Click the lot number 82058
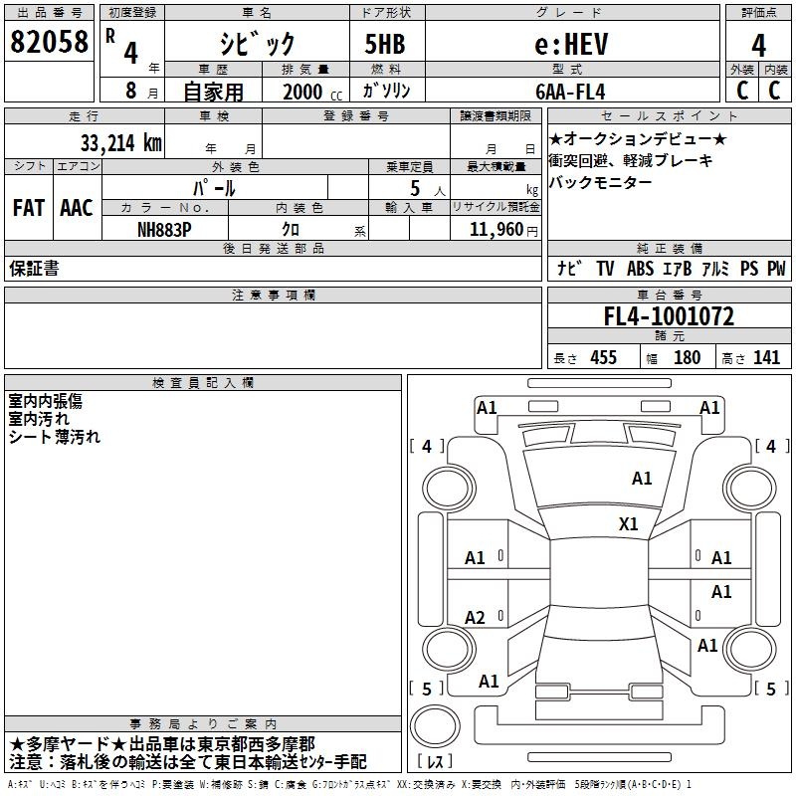(x=49, y=43)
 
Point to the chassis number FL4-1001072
(x=669, y=316)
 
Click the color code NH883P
(x=165, y=229)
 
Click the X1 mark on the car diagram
(x=629, y=523)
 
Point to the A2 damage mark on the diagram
(x=476, y=618)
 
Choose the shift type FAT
(x=28, y=208)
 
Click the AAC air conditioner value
(x=77, y=208)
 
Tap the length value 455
(x=600, y=358)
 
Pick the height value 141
(x=766, y=358)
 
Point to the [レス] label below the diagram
(x=435, y=763)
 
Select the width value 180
(x=687, y=358)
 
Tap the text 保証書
(x=34, y=269)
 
